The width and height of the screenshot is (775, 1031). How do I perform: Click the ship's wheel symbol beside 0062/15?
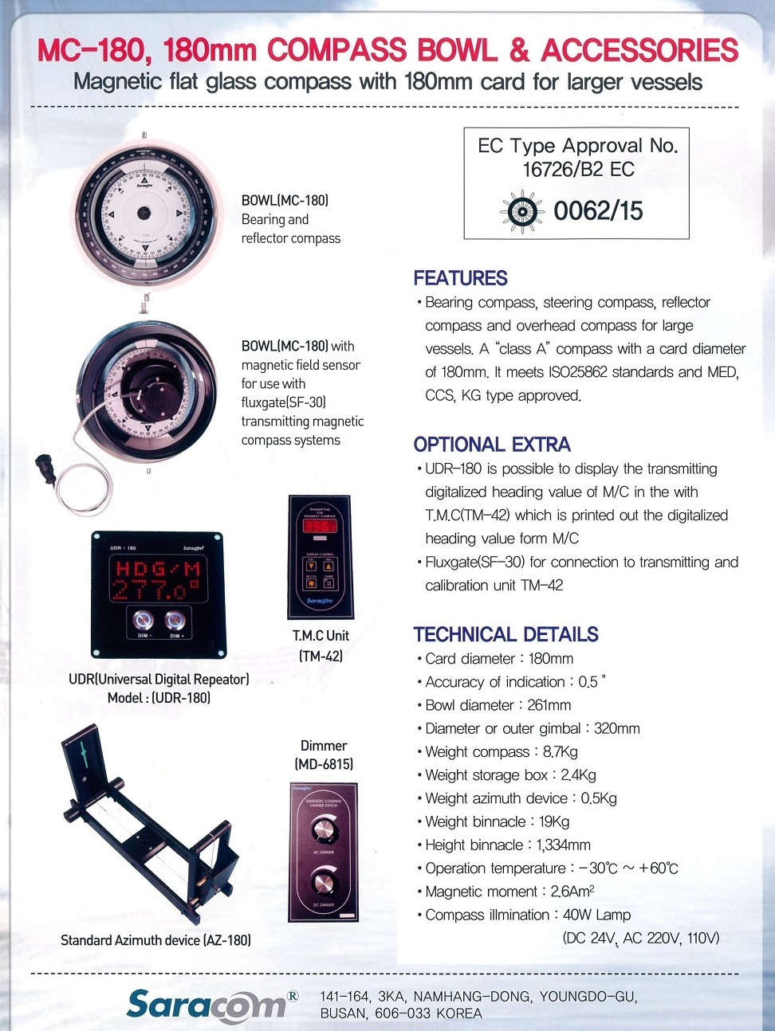(521, 211)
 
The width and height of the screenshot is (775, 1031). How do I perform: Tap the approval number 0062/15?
(598, 211)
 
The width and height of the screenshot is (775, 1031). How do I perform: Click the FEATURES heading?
(460, 278)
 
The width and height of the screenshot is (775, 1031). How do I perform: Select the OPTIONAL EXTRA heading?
(492, 445)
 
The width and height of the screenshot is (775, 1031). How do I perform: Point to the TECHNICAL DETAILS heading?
(506, 634)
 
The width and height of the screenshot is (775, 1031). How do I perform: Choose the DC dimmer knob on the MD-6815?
(324, 883)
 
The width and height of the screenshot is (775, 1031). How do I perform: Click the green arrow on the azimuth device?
(81, 751)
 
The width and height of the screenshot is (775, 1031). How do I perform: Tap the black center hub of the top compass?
(144, 213)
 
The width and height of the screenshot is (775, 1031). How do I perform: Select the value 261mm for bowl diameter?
(549, 705)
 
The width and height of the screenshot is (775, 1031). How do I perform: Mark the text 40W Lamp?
(596, 915)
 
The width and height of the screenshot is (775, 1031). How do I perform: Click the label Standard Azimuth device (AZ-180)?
(155, 940)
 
